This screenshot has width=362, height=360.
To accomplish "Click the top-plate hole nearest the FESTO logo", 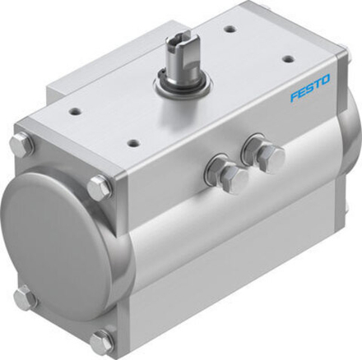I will click(x=287, y=59).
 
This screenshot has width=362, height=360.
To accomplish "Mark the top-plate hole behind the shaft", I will click(x=230, y=29).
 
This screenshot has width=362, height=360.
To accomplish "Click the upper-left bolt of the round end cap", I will click(x=22, y=146).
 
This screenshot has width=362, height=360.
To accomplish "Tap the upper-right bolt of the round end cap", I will click(x=100, y=187).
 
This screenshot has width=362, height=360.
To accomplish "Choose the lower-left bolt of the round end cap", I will click(x=24, y=297).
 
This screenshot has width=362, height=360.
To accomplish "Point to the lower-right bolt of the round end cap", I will click(x=102, y=341).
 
